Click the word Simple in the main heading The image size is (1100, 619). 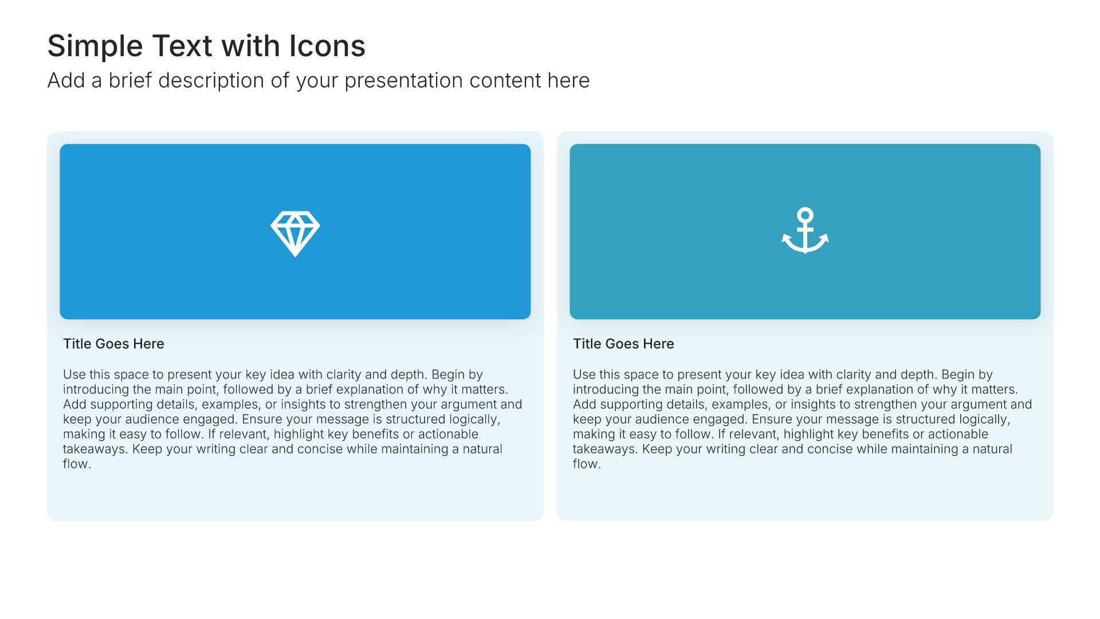pos(95,46)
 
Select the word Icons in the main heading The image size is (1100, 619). pos(327,46)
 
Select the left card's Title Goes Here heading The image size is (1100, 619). pos(113,344)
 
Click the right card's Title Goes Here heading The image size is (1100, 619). pos(623,344)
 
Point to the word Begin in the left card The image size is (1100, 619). pos(449,375)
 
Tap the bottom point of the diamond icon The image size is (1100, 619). pos(295,256)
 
